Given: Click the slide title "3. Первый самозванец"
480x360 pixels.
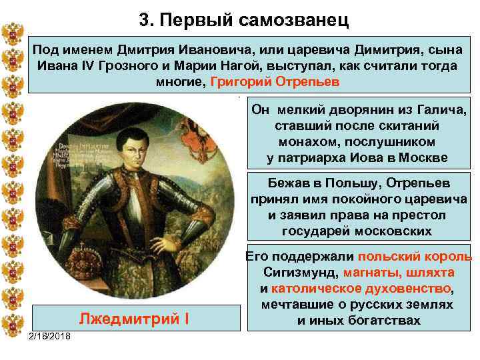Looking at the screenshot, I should [244, 20].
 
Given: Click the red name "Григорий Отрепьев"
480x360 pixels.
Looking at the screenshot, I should [275, 81].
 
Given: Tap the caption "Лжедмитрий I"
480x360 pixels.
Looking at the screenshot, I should [134, 318].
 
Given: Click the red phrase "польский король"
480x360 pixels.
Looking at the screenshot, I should [415, 257].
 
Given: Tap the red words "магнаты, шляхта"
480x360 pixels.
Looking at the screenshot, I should [399, 273].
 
